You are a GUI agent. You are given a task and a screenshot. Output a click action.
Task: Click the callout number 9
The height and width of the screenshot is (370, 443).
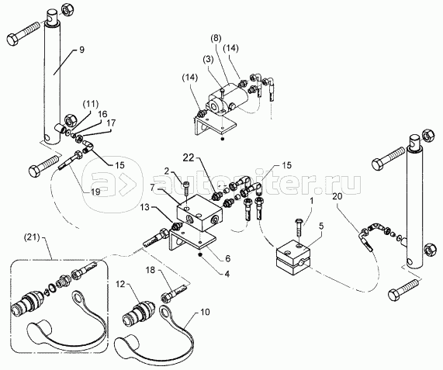[81, 50]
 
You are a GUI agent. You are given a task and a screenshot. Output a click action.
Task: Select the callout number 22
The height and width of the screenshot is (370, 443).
[189, 157]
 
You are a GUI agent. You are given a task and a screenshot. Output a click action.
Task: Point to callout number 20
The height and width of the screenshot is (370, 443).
[337, 196]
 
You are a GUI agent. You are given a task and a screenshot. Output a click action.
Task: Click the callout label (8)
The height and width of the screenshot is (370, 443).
[216, 39]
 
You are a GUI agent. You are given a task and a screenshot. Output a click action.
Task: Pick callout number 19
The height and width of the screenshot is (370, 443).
[95, 192]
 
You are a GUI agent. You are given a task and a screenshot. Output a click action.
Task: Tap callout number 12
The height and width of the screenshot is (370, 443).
[120, 284]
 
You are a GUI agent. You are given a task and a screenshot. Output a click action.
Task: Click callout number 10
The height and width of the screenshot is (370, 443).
[206, 312]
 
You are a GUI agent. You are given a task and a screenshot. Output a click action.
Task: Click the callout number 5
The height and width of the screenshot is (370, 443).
[321, 226]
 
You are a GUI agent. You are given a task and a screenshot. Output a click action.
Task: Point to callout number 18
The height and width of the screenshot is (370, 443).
[151, 270]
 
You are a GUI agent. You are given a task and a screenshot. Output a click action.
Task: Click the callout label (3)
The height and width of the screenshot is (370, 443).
[209, 61]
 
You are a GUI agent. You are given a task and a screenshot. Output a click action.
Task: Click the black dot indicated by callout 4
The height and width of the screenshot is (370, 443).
[200, 255]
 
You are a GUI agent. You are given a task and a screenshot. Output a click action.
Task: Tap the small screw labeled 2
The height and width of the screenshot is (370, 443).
[186, 187]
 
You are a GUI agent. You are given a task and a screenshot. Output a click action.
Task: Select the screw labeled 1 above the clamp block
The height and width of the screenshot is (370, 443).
[299, 227]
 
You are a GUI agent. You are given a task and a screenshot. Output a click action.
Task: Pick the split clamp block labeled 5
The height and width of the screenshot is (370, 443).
[293, 257]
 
